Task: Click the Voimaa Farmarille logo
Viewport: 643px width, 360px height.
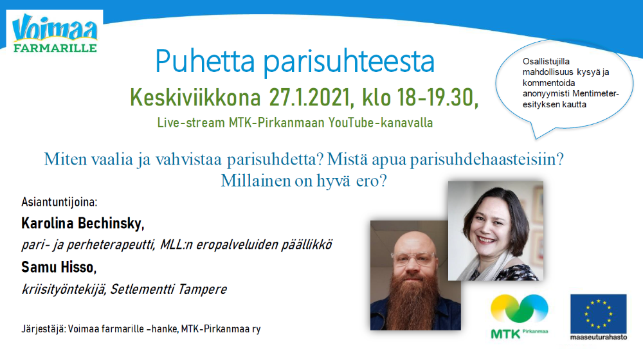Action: tap(55, 33)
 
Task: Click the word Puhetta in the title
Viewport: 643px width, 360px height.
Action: tap(205, 62)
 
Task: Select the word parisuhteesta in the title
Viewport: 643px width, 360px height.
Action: tap(349, 62)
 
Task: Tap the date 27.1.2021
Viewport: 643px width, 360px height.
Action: tap(311, 98)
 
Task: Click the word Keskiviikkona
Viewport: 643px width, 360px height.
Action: tap(195, 98)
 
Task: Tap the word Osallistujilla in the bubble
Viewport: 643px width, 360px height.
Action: tap(546, 62)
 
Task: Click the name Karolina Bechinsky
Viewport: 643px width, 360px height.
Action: tap(83, 224)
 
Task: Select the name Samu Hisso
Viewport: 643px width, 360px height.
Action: tap(59, 267)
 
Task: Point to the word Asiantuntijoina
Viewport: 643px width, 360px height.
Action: tap(59, 202)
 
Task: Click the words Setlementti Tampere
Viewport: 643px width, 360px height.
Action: tap(168, 289)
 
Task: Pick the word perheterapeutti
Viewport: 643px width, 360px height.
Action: tap(111, 245)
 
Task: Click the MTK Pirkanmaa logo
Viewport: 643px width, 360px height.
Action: tap(519, 316)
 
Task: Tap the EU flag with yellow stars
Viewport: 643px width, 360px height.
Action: tap(598, 314)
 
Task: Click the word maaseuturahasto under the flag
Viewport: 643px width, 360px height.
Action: tap(598, 337)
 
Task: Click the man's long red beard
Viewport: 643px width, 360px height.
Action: tap(414, 297)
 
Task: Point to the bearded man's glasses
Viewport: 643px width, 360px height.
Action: tap(413, 258)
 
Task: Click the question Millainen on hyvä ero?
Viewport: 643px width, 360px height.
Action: tap(304, 181)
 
